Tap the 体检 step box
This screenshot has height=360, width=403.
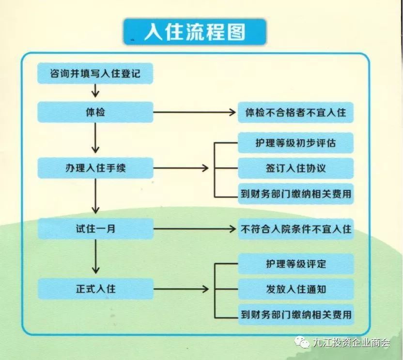coord(95,112)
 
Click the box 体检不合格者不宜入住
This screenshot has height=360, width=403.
coord(295,112)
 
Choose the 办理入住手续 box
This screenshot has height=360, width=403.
coord(95,168)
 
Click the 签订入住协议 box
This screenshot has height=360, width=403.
coord(295,168)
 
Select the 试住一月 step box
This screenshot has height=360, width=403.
coord(95,228)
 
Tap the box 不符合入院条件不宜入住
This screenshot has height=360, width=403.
coord(295,228)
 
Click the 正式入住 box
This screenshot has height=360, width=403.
coord(95,289)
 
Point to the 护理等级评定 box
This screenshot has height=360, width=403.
coord(295,264)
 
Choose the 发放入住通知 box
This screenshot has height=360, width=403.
coord(295,289)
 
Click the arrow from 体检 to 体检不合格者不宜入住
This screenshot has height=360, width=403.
coord(194,112)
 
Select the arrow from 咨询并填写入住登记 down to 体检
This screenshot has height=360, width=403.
coord(95,90)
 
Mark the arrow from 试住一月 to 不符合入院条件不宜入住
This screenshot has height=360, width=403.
coord(194,228)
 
